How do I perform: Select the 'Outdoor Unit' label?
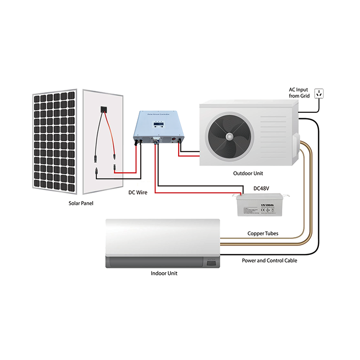coord(248,173)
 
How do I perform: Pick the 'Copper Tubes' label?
coord(264,233)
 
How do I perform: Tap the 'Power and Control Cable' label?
coord(269,260)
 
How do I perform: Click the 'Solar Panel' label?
coord(80,203)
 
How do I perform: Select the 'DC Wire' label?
coord(138,192)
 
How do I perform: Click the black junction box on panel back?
coord(103,109)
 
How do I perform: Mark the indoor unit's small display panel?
coord(210,263)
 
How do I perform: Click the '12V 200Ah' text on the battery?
coord(267,205)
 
